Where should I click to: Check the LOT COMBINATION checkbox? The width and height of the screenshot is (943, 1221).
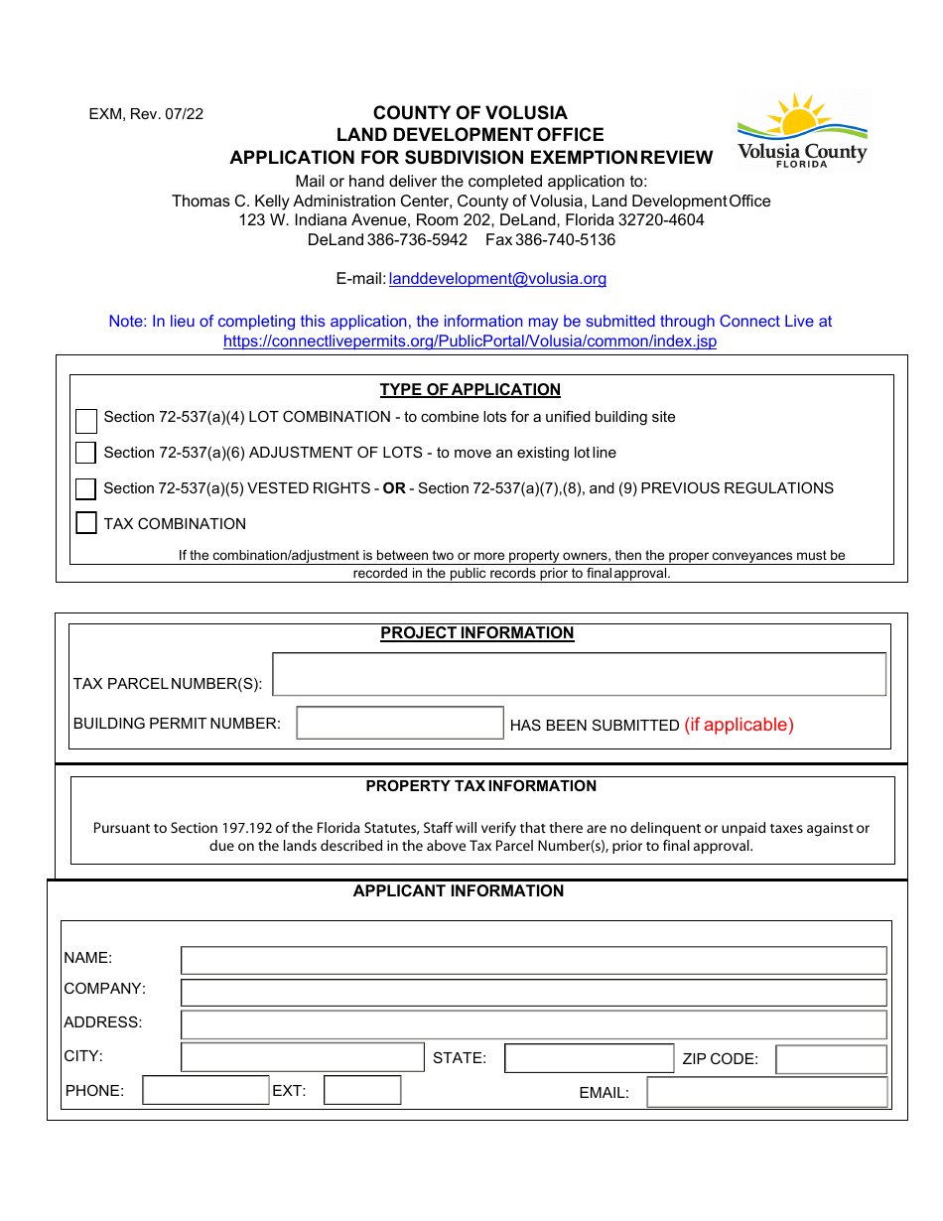tap(86, 420)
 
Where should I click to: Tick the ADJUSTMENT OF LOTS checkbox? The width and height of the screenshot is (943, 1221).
tap(86, 453)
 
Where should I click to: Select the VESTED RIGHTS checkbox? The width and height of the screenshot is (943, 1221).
tap(86, 488)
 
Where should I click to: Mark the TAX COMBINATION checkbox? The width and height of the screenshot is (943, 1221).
tap(86, 523)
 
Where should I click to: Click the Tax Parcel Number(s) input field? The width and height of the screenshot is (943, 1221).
tap(579, 674)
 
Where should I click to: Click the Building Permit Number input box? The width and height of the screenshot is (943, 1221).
tap(400, 723)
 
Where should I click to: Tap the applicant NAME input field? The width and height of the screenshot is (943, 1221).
tap(533, 960)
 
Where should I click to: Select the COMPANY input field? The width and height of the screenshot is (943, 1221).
tap(533, 993)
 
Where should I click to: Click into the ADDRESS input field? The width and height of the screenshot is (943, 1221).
tap(533, 1024)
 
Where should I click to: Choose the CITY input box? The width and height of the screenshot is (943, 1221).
tap(303, 1057)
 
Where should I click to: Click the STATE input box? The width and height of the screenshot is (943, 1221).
tap(589, 1058)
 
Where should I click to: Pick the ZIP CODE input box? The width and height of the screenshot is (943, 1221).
tap(831, 1059)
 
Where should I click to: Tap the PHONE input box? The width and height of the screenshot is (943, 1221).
tap(205, 1090)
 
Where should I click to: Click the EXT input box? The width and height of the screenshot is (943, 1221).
tap(362, 1090)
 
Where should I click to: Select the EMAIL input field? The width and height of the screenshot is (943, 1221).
tap(766, 1092)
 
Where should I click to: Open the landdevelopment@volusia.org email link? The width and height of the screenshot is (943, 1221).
tap(497, 279)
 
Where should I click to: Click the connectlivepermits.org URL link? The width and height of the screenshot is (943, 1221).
tap(470, 341)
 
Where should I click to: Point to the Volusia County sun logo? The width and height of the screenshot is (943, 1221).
tap(802, 129)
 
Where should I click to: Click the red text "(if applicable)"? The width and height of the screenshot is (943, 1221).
tap(739, 725)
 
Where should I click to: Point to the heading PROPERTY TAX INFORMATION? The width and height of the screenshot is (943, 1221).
tap(481, 786)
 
